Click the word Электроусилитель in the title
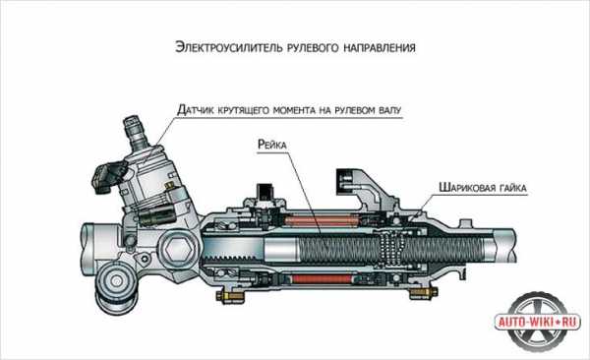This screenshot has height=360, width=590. (x=229, y=48)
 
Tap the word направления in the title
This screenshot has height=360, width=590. (x=380, y=48)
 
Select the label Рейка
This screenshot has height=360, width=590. (x=272, y=145)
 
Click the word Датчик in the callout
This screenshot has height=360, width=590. (x=196, y=110)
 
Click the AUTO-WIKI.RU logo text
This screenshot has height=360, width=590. (x=537, y=322)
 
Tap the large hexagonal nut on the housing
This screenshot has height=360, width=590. (x=178, y=249)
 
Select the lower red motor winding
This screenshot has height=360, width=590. (x=322, y=279)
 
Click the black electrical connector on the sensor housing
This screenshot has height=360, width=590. (x=107, y=175)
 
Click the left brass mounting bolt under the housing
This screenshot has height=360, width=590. (x=229, y=296)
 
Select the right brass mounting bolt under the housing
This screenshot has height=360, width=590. (x=423, y=292)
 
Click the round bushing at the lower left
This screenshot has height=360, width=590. (x=115, y=281)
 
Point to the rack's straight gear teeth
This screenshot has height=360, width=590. (x=230, y=258)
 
